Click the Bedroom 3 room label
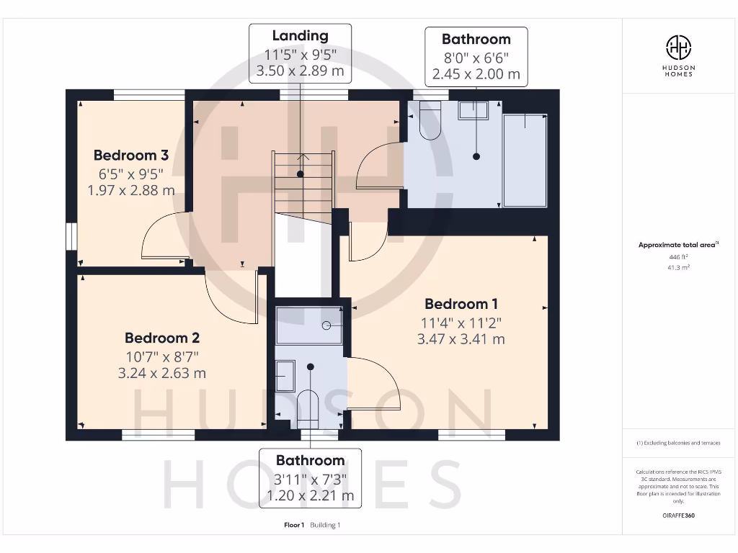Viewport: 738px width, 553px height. point(130,155)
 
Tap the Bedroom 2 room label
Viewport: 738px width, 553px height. point(162,338)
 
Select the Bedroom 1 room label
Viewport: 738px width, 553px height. point(461,304)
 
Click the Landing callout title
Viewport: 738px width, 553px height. point(300,36)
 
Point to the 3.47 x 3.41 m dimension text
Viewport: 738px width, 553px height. point(461,339)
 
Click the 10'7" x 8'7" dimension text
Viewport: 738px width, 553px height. point(162,356)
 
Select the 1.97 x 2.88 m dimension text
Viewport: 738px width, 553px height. point(130,190)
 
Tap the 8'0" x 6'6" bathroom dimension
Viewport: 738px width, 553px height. point(476,57)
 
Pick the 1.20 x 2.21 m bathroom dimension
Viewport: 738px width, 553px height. point(311,495)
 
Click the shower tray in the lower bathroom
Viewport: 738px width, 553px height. point(309,325)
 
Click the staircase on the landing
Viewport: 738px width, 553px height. point(303,184)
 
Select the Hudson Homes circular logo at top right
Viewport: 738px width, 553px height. point(678,48)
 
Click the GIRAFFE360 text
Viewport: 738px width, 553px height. point(678,516)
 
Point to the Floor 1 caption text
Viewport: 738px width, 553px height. point(295,525)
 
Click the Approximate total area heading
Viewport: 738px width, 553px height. point(677,245)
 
